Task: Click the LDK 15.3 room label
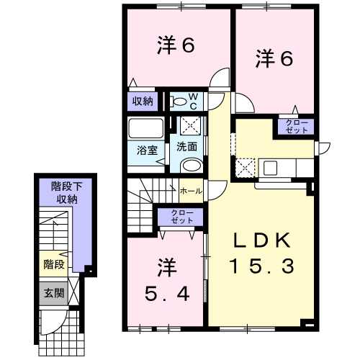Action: tap(262, 253)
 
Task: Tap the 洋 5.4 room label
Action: tap(167, 280)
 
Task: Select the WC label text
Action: tap(193, 102)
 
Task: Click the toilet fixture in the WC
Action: tap(178, 102)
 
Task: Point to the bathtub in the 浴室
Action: tap(145, 128)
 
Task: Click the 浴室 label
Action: tap(147, 150)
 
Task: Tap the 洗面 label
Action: tap(186, 147)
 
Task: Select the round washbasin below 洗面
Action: tap(192, 166)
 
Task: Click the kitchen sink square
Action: tap(271, 168)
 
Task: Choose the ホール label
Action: tap(191, 192)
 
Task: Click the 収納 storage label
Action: tap(143, 102)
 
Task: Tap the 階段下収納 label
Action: tap(67, 193)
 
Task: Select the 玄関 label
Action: tap(54, 293)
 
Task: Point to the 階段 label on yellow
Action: tap(54, 264)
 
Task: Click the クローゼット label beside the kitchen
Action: tap(297, 127)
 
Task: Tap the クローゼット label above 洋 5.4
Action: tap(181, 217)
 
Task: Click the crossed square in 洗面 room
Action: tap(190, 126)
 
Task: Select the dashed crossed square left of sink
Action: tap(245, 168)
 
